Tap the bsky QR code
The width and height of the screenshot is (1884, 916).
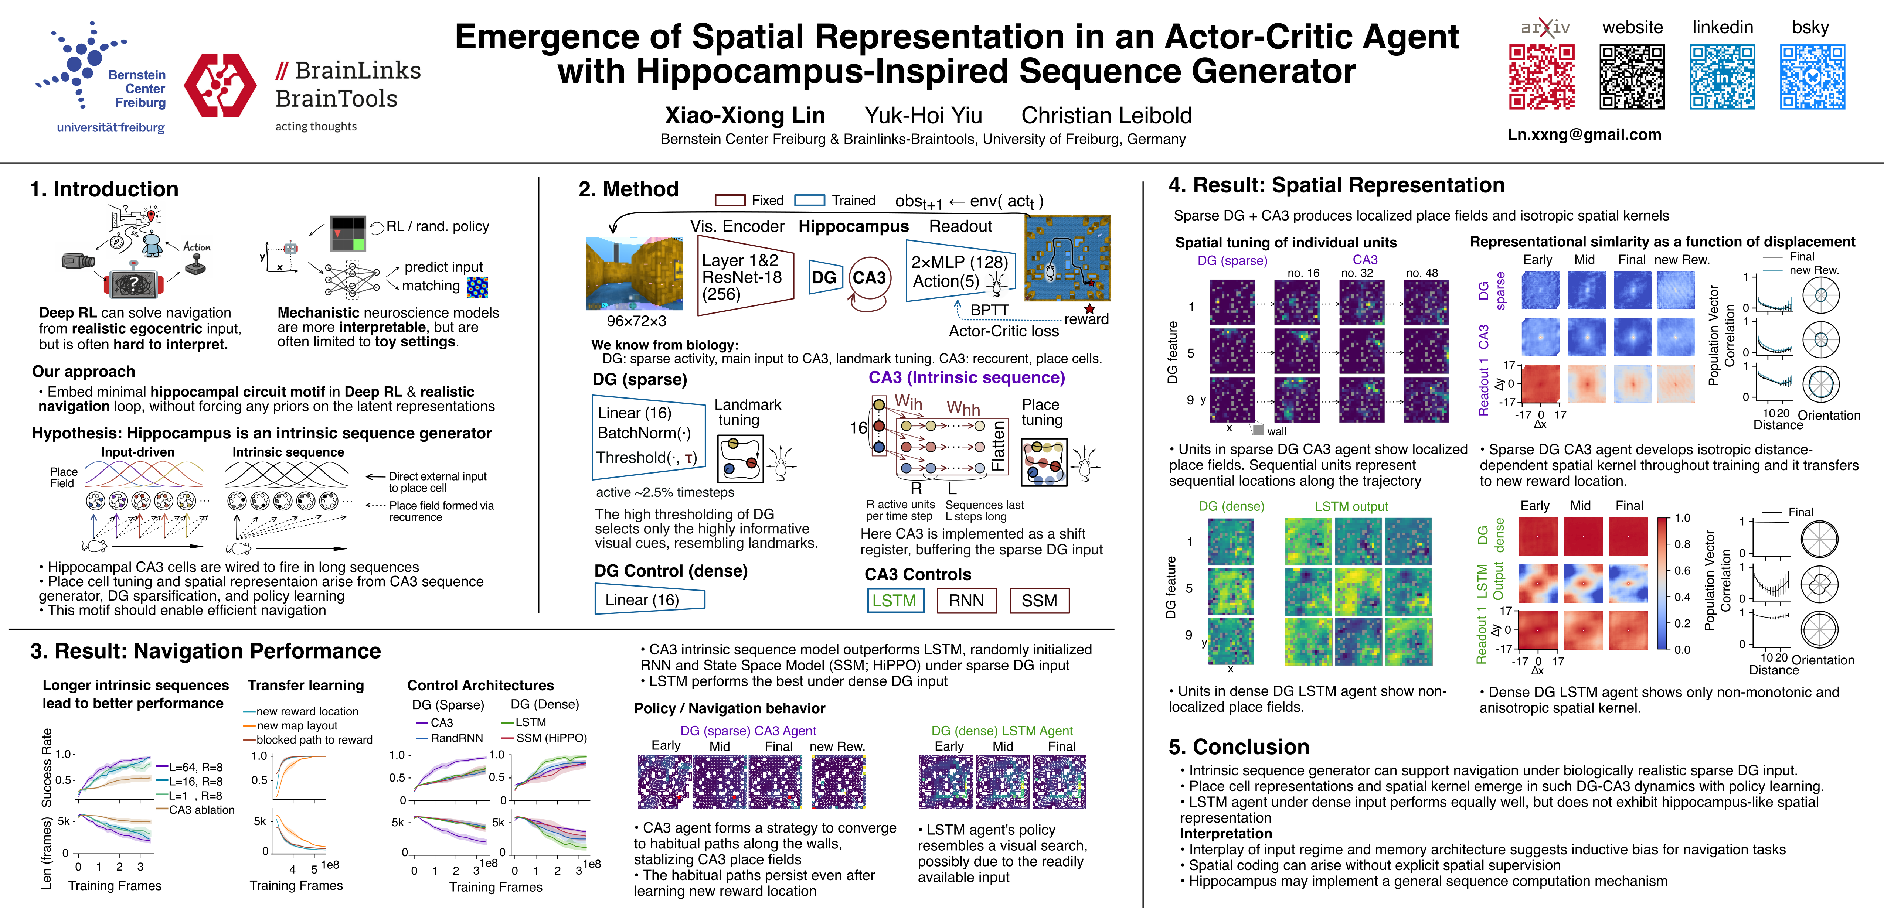point(1812,77)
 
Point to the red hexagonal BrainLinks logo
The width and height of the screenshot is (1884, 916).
point(220,86)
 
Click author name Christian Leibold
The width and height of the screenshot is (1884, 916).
point(1106,116)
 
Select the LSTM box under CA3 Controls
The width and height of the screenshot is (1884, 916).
point(894,601)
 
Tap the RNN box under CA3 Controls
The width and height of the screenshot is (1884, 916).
point(966,601)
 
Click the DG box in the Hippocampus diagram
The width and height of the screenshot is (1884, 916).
point(824,278)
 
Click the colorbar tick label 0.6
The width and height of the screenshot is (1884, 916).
point(1682,570)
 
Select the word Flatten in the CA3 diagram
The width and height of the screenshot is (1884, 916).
point(997,446)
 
